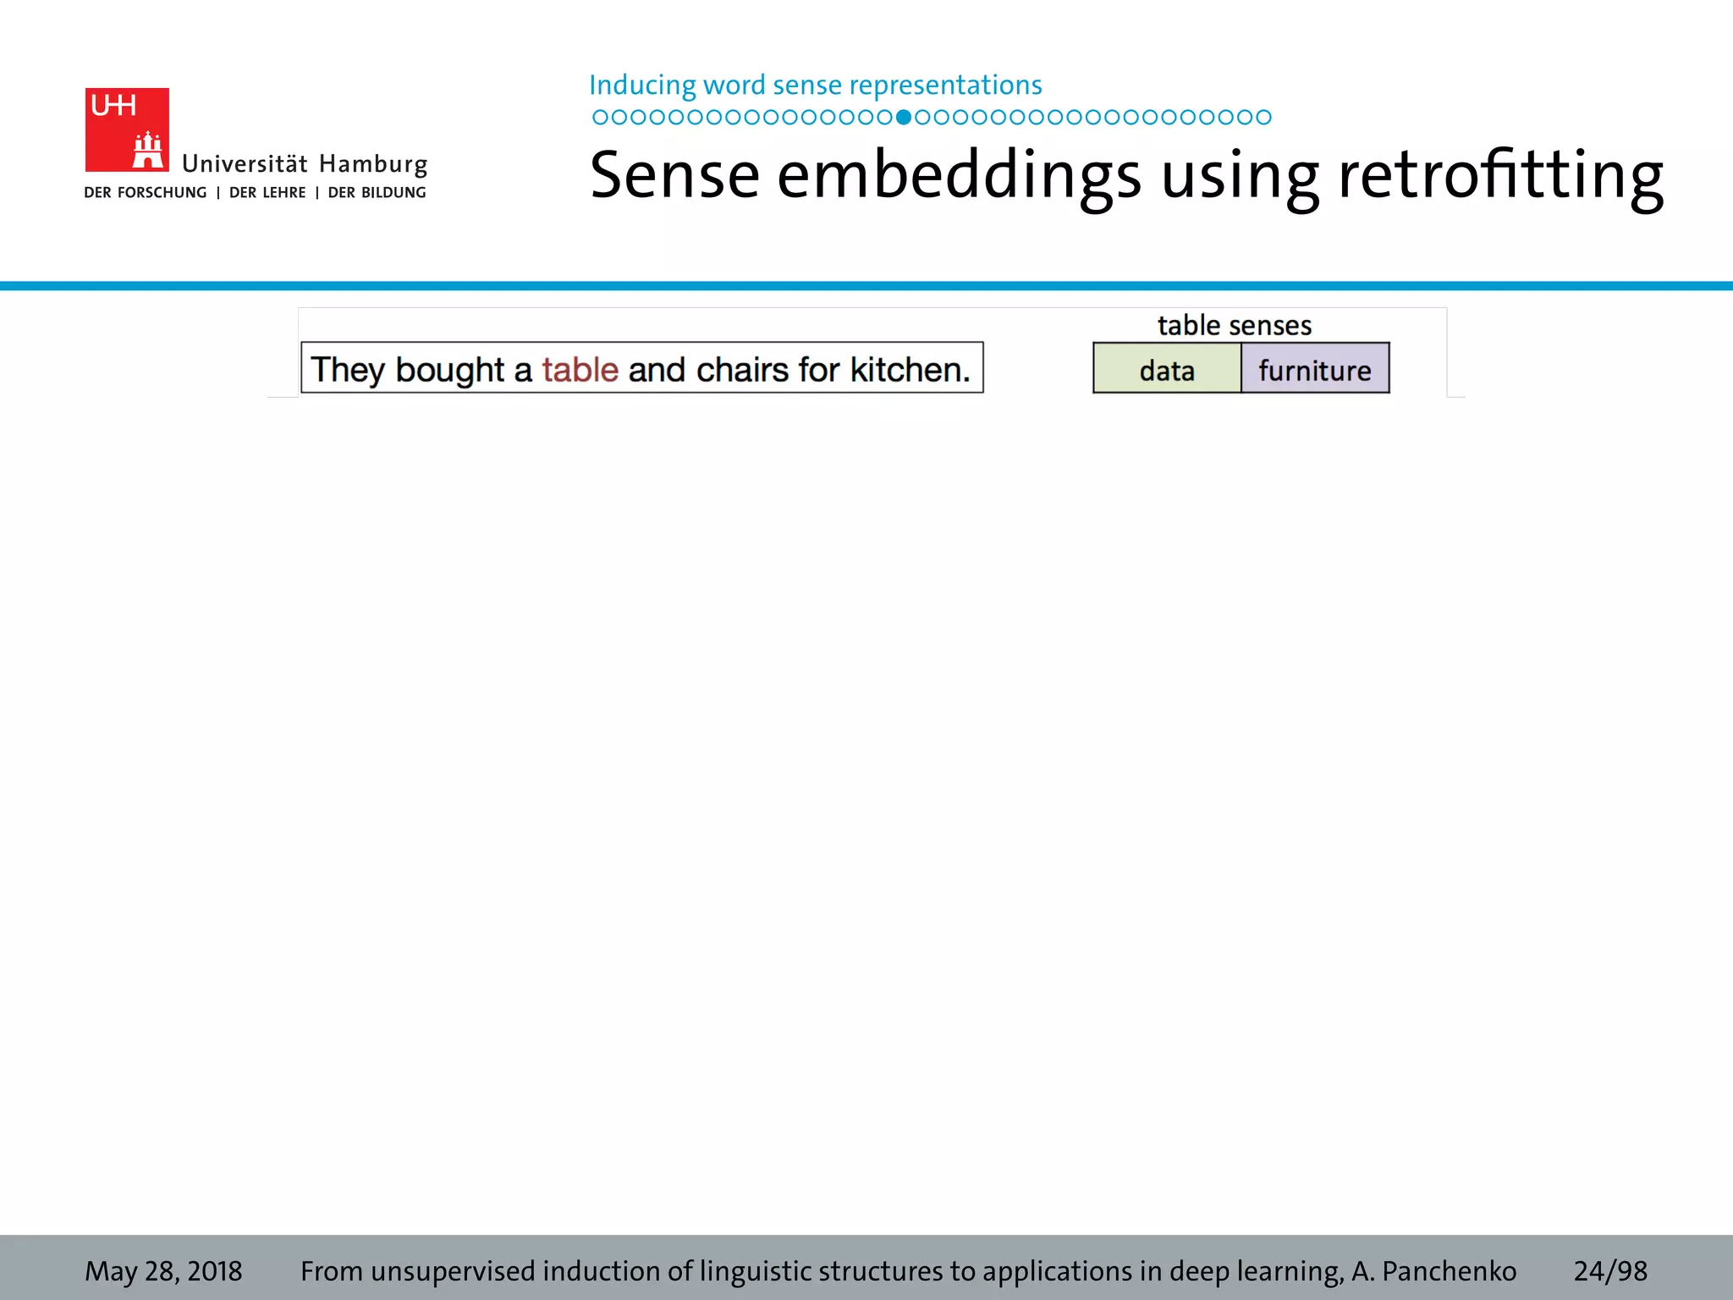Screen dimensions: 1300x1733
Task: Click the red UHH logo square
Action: tap(127, 129)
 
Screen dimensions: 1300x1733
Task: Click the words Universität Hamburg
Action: tap(305, 163)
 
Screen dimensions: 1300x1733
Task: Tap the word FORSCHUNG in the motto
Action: tap(162, 193)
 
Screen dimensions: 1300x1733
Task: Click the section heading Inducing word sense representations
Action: tap(815, 85)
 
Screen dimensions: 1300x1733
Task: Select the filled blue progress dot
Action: tap(904, 117)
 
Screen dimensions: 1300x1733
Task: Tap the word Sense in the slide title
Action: tap(674, 175)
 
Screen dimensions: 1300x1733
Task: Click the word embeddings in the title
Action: tap(959, 175)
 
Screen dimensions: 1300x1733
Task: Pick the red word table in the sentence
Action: tap(580, 370)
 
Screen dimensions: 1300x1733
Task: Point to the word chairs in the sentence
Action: tap(741, 370)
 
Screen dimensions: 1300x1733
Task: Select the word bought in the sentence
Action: tap(449, 370)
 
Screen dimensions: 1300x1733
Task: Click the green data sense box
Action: tap(1166, 370)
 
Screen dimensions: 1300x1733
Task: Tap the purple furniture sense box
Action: tap(1314, 370)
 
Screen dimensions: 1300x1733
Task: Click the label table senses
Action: tap(1234, 325)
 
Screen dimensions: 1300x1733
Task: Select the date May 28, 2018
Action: tap(163, 1270)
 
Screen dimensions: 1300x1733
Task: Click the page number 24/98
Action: tap(1609, 1270)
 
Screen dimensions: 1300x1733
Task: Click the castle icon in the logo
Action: tap(148, 151)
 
